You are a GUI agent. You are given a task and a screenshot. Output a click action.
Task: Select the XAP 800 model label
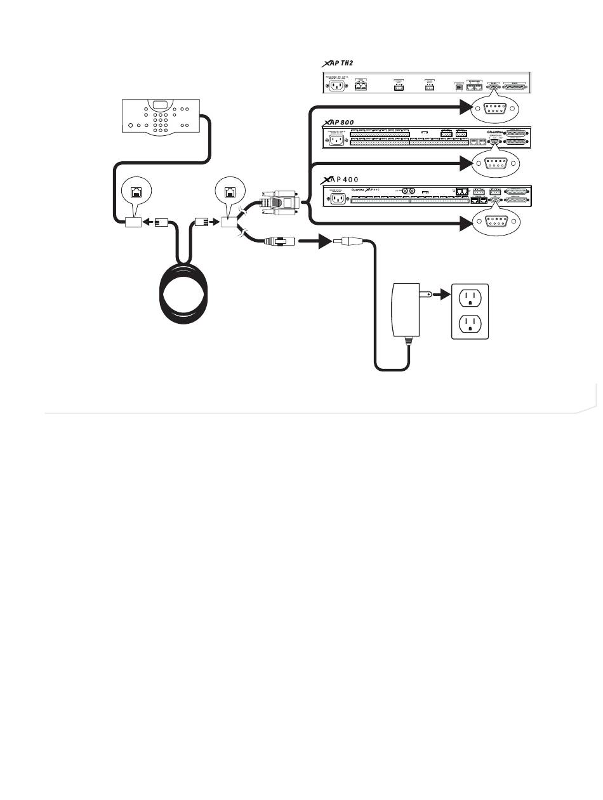339,121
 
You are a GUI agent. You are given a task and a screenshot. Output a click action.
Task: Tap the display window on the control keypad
161,107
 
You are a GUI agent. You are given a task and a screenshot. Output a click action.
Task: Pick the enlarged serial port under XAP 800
495,163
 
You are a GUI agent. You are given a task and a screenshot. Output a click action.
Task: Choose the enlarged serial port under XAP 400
495,222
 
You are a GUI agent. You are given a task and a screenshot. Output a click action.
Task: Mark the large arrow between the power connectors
317,242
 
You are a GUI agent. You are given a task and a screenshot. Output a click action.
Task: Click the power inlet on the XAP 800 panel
335,140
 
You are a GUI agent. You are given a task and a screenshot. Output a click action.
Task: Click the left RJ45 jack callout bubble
136,189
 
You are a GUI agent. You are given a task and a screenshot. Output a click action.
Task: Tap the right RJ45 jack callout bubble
229,189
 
